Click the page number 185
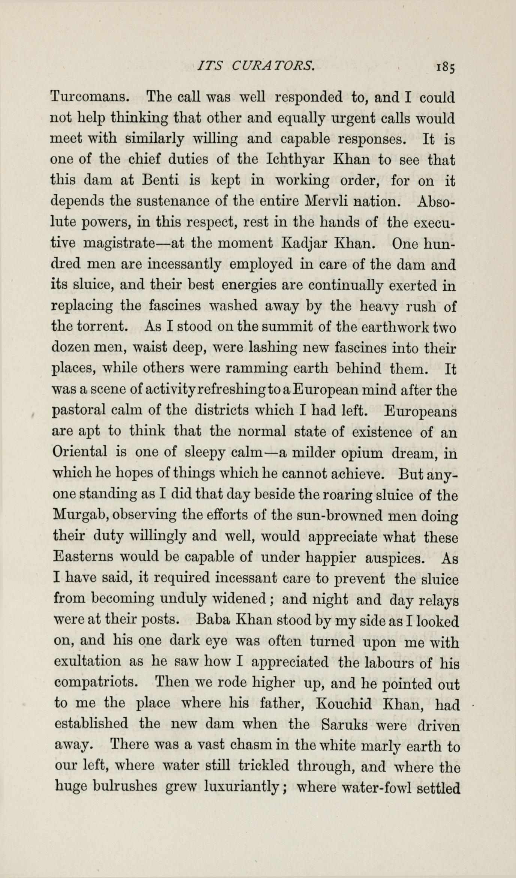445,68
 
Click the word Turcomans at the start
90,97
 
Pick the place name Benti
160,181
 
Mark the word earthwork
396,327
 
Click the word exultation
87,661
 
